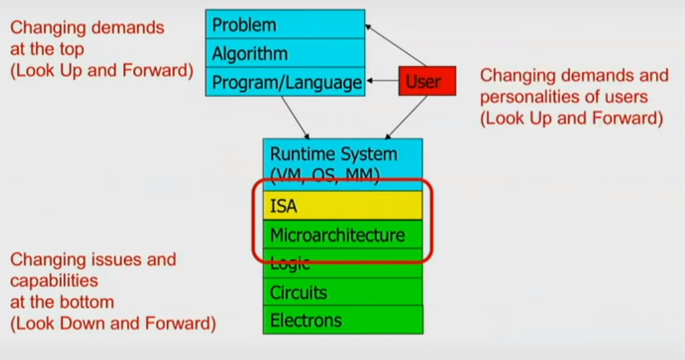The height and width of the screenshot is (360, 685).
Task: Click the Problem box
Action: (285, 24)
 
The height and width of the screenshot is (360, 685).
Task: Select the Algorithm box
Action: (285, 53)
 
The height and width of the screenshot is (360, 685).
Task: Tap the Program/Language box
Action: (285, 82)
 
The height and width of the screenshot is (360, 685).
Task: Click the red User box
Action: (427, 81)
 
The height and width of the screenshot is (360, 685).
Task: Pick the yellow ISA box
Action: (342, 206)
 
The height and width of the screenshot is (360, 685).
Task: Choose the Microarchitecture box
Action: (342, 234)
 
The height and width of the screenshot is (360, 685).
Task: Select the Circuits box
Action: (342, 292)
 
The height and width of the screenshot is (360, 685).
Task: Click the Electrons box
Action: (342, 320)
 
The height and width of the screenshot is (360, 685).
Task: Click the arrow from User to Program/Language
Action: (382, 81)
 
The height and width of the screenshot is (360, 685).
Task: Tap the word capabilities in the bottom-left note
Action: (54, 281)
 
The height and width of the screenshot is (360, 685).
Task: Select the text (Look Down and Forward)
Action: (113, 324)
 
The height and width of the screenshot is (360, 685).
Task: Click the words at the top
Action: (48, 50)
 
